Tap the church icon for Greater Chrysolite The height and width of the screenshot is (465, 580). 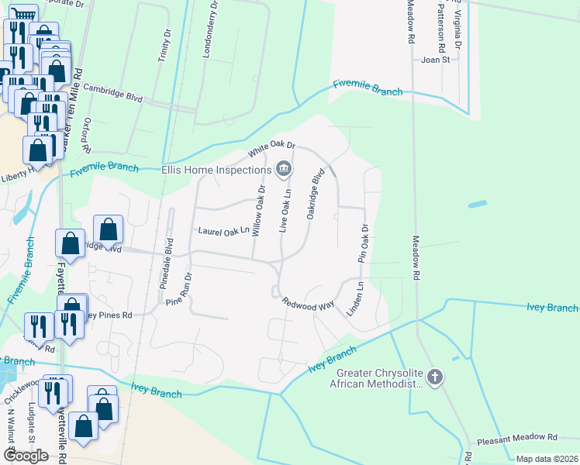pos(436,378)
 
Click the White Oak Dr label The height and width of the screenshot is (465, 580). pos(272,146)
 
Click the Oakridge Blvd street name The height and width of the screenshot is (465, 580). pos(314,195)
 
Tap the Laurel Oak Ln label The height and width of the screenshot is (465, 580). pos(225,230)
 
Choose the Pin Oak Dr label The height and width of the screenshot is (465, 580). pos(362,243)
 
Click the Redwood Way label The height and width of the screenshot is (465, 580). pos(307,304)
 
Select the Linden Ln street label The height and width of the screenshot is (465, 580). pos(359,296)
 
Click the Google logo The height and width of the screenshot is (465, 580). pos(26,456)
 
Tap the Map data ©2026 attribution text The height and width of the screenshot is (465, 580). pos(547,459)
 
